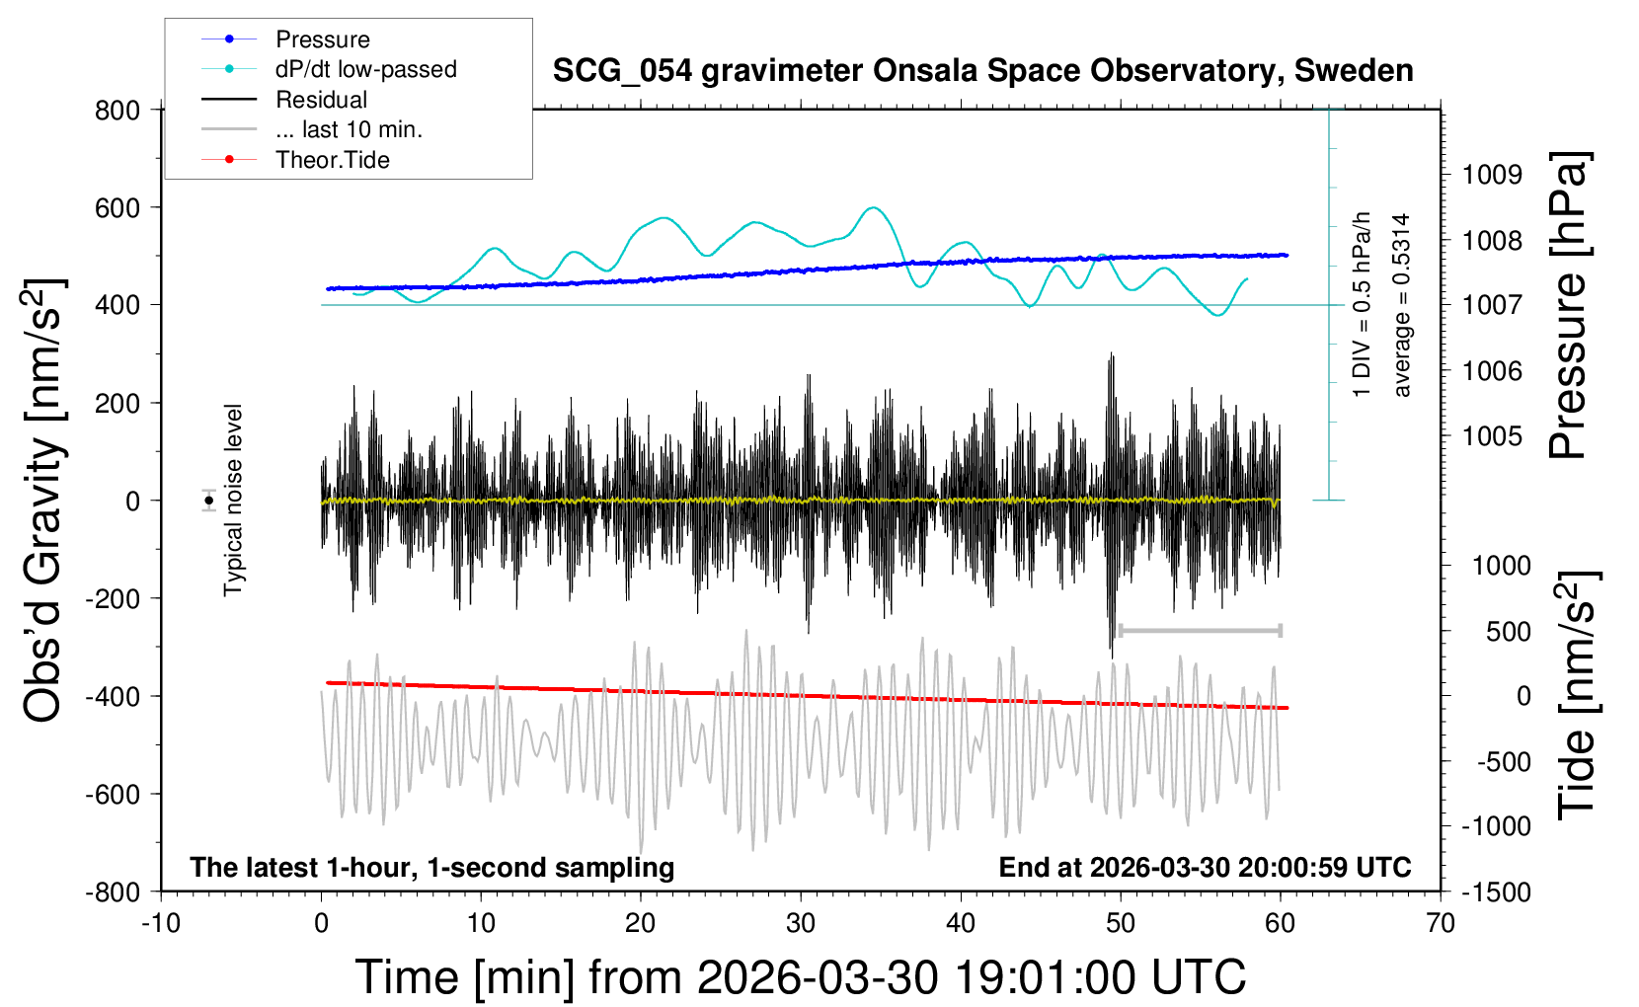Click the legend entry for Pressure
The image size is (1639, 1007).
tap(322, 39)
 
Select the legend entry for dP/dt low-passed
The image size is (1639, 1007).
tap(365, 69)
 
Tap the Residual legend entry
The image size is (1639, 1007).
tap(321, 100)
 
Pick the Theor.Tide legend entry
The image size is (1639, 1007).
tap(332, 160)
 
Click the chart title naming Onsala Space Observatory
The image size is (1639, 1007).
tap(982, 71)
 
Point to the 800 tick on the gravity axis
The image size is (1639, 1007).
tap(117, 110)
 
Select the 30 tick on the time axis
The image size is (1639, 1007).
tap(801, 923)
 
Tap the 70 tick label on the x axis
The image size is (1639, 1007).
tap(1441, 923)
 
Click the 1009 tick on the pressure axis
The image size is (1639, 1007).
tap(1492, 175)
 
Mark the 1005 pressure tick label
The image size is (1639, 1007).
tap(1492, 435)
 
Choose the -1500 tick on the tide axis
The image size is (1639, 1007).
tap(1496, 891)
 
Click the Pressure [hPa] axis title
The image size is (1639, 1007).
tap(1568, 305)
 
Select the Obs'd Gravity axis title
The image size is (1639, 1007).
tap(44, 501)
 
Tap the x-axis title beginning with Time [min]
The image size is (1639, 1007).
tap(800, 977)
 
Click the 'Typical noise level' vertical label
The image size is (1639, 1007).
tap(233, 501)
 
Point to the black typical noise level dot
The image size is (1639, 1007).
tap(209, 501)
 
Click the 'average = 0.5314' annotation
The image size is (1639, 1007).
tap(1401, 305)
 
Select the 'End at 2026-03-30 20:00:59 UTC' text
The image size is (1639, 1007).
tap(1205, 867)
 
